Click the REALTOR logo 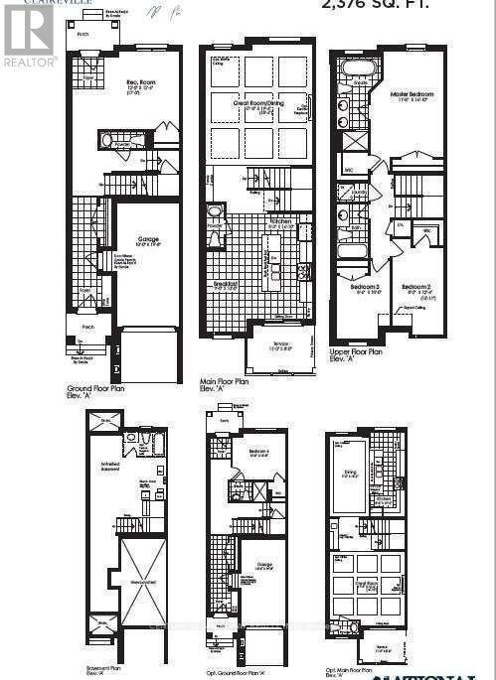28,35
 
